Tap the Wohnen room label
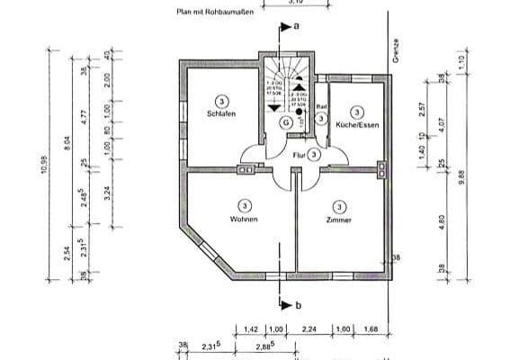pyautogui.click(x=244, y=220)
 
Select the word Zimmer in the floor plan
pyautogui.click(x=338, y=220)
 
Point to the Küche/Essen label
pyautogui.click(x=357, y=125)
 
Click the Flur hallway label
pyautogui.click(x=299, y=155)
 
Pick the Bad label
pyautogui.click(x=321, y=107)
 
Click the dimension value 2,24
pyautogui.click(x=309, y=329)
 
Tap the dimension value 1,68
pyautogui.click(x=371, y=329)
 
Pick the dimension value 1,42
pyautogui.click(x=251, y=329)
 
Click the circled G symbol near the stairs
pyautogui.click(x=285, y=121)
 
